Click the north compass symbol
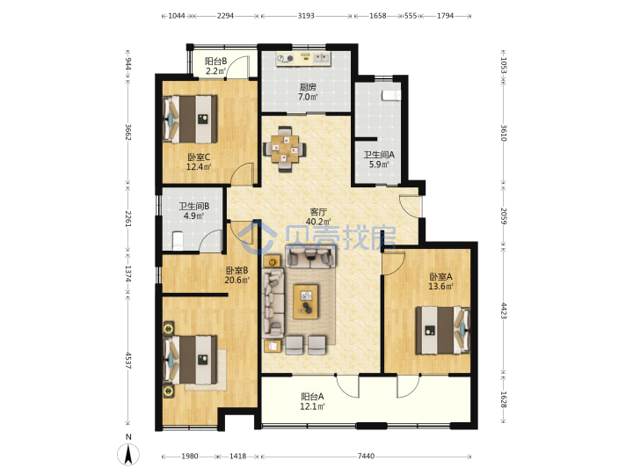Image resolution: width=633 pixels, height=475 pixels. (x=128, y=454)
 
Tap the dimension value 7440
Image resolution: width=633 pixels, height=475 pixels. (x=366, y=457)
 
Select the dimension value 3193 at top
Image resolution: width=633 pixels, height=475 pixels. (x=306, y=16)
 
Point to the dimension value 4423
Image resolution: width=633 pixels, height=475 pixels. (x=504, y=311)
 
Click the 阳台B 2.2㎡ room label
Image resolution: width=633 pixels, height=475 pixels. (x=215, y=66)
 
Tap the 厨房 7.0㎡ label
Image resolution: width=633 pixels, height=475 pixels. (x=308, y=92)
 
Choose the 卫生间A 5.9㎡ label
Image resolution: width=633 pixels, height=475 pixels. (x=379, y=159)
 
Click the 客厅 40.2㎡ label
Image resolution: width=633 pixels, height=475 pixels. (x=318, y=217)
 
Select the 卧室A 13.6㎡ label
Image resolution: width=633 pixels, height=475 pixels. (x=440, y=281)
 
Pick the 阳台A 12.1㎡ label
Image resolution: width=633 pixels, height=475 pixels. (x=312, y=401)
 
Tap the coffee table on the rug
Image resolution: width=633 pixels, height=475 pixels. (x=306, y=302)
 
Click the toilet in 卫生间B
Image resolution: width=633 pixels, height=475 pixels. (x=178, y=241)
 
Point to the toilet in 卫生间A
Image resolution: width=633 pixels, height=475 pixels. (x=391, y=95)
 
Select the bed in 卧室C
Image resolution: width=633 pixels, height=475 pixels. (x=190, y=119)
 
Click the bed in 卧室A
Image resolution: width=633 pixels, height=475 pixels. (x=443, y=331)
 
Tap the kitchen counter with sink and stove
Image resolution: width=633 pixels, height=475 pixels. (x=303, y=58)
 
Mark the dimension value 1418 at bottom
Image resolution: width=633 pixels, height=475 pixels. (x=237, y=457)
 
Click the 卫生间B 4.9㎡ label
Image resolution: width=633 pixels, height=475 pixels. (x=194, y=211)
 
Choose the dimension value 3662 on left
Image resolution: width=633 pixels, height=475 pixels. (x=128, y=132)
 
